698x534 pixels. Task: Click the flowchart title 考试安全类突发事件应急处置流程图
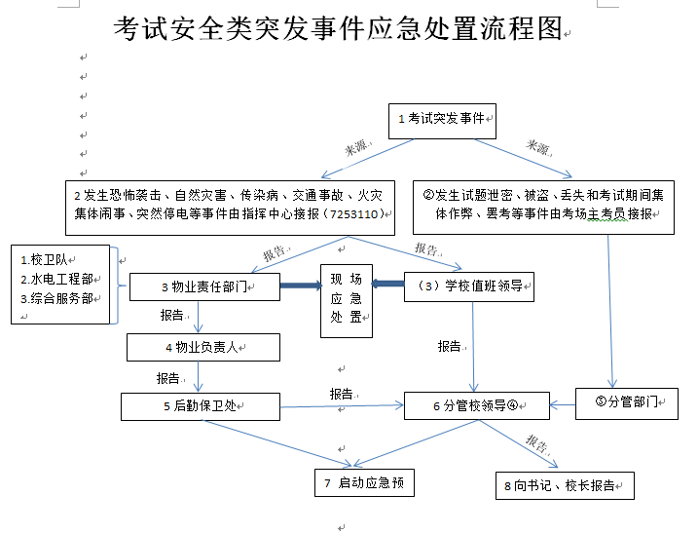[337, 30]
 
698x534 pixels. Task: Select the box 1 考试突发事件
[443, 120]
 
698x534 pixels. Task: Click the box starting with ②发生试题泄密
[543, 205]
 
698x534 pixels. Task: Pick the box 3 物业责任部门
[203, 286]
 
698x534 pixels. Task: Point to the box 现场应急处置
[347, 301]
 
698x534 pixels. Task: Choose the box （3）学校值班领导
[468, 286]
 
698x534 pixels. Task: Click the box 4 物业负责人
[202, 347]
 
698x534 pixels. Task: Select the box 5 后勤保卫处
[201, 406]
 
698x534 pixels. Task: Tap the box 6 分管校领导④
[476, 405]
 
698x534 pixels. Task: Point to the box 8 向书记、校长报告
[564, 485]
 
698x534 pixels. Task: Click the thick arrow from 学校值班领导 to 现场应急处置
[388, 284]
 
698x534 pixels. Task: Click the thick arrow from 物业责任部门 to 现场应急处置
[301, 286]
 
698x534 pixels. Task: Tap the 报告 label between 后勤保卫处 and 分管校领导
[341, 394]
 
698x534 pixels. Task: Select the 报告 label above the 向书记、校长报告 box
[538, 443]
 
